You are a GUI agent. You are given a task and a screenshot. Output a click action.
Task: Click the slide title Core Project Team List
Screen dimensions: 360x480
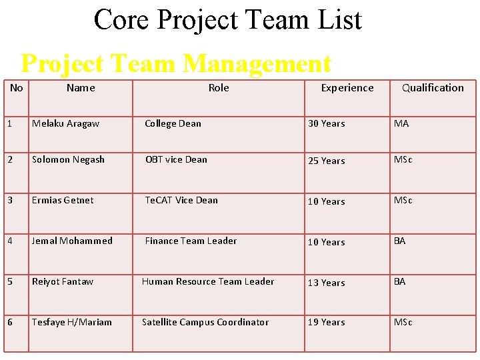[x=228, y=19]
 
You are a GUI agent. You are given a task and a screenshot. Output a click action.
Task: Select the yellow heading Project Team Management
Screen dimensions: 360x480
[x=176, y=64]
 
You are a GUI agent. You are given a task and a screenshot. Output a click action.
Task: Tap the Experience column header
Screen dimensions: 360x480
[x=347, y=88]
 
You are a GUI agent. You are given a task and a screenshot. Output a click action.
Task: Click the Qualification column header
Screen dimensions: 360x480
[x=433, y=88]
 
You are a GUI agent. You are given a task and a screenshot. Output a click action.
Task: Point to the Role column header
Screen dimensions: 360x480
[x=219, y=88]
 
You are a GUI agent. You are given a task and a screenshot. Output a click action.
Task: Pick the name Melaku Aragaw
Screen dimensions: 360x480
[x=65, y=123]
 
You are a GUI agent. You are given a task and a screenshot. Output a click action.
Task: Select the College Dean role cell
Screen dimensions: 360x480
[x=173, y=123]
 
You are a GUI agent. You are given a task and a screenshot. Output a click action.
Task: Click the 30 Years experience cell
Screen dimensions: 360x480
[x=326, y=123]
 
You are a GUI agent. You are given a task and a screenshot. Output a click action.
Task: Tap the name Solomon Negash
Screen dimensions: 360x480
[x=68, y=160]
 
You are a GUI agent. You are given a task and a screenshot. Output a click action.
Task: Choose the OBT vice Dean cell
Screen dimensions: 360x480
[x=176, y=160]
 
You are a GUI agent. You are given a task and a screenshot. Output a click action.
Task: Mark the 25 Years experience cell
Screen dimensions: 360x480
[x=326, y=161]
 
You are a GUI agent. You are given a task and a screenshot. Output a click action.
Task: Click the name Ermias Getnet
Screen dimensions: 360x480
[x=63, y=200]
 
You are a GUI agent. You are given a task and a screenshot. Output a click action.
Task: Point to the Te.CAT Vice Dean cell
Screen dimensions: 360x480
[x=181, y=200]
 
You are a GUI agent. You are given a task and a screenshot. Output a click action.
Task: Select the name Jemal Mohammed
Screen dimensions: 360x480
[x=72, y=241]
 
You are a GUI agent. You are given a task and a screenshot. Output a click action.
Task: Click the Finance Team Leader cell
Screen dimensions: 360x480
[x=191, y=241]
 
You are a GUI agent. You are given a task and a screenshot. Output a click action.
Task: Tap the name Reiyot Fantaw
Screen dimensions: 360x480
[x=63, y=281]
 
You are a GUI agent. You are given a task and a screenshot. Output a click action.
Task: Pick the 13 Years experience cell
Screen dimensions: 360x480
[x=326, y=283]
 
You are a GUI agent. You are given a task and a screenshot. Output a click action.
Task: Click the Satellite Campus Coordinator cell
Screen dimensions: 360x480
[x=205, y=322]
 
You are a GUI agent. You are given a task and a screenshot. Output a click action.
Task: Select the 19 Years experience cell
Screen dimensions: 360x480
[x=326, y=322]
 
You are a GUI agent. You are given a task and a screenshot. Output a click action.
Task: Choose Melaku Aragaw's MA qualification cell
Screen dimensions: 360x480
[x=401, y=123]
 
